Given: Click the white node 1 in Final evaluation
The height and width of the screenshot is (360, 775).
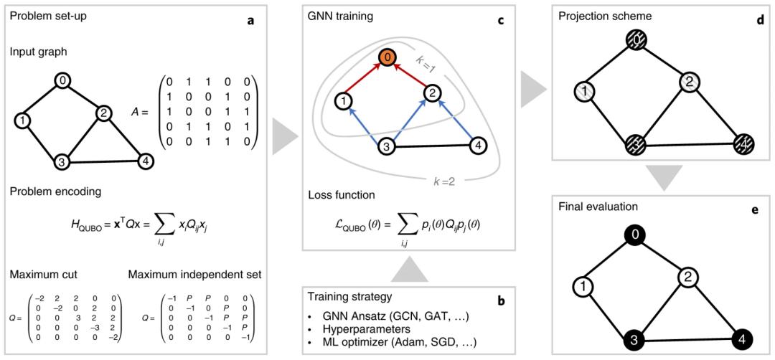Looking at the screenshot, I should [x=582, y=288].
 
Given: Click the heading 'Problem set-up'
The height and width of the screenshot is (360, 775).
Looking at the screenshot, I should [x=47, y=15].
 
